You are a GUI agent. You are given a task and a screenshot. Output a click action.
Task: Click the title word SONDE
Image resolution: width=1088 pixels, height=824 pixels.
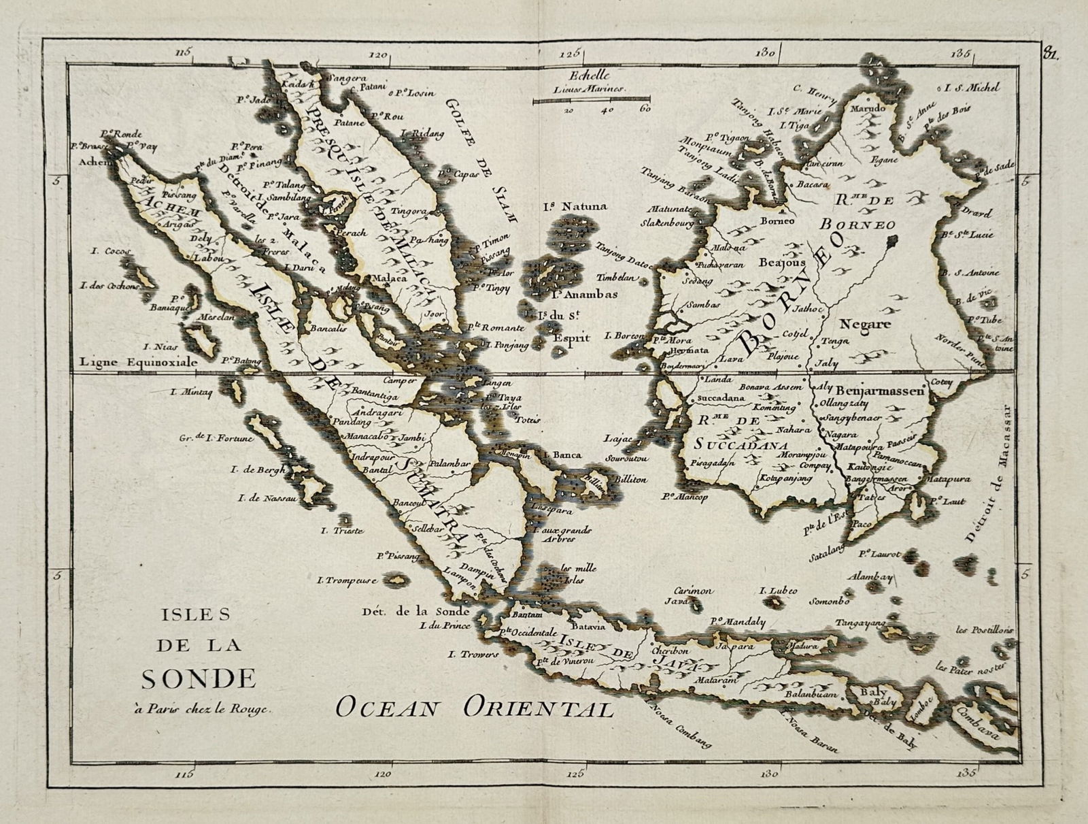198,678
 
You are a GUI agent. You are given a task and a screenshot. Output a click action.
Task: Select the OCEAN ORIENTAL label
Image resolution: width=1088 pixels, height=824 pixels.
475,708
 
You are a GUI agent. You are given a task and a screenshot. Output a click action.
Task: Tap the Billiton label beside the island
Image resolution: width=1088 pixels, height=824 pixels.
630,479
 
